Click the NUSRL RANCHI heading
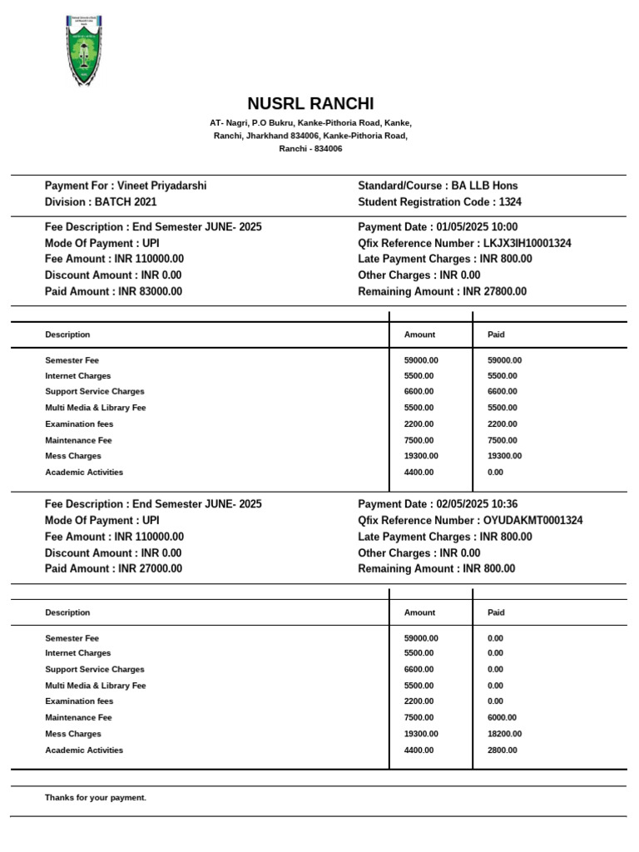(x=310, y=104)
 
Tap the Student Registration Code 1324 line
(x=439, y=202)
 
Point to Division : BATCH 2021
(x=101, y=202)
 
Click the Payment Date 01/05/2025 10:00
(x=438, y=227)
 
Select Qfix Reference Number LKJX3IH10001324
(x=464, y=244)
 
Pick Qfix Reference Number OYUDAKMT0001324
(x=470, y=521)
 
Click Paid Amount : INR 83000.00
(x=113, y=292)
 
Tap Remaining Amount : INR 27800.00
(x=442, y=292)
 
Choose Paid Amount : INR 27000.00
(x=113, y=569)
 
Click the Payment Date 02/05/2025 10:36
(x=438, y=504)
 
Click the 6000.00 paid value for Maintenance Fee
(x=502, y=718)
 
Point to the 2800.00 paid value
(x=502, y=750)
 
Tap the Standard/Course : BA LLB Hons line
(x=438, y=186)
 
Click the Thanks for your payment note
(x=96, y=798)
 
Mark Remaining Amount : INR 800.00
(x=436, y=569)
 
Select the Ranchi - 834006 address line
(x=310, y=149)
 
